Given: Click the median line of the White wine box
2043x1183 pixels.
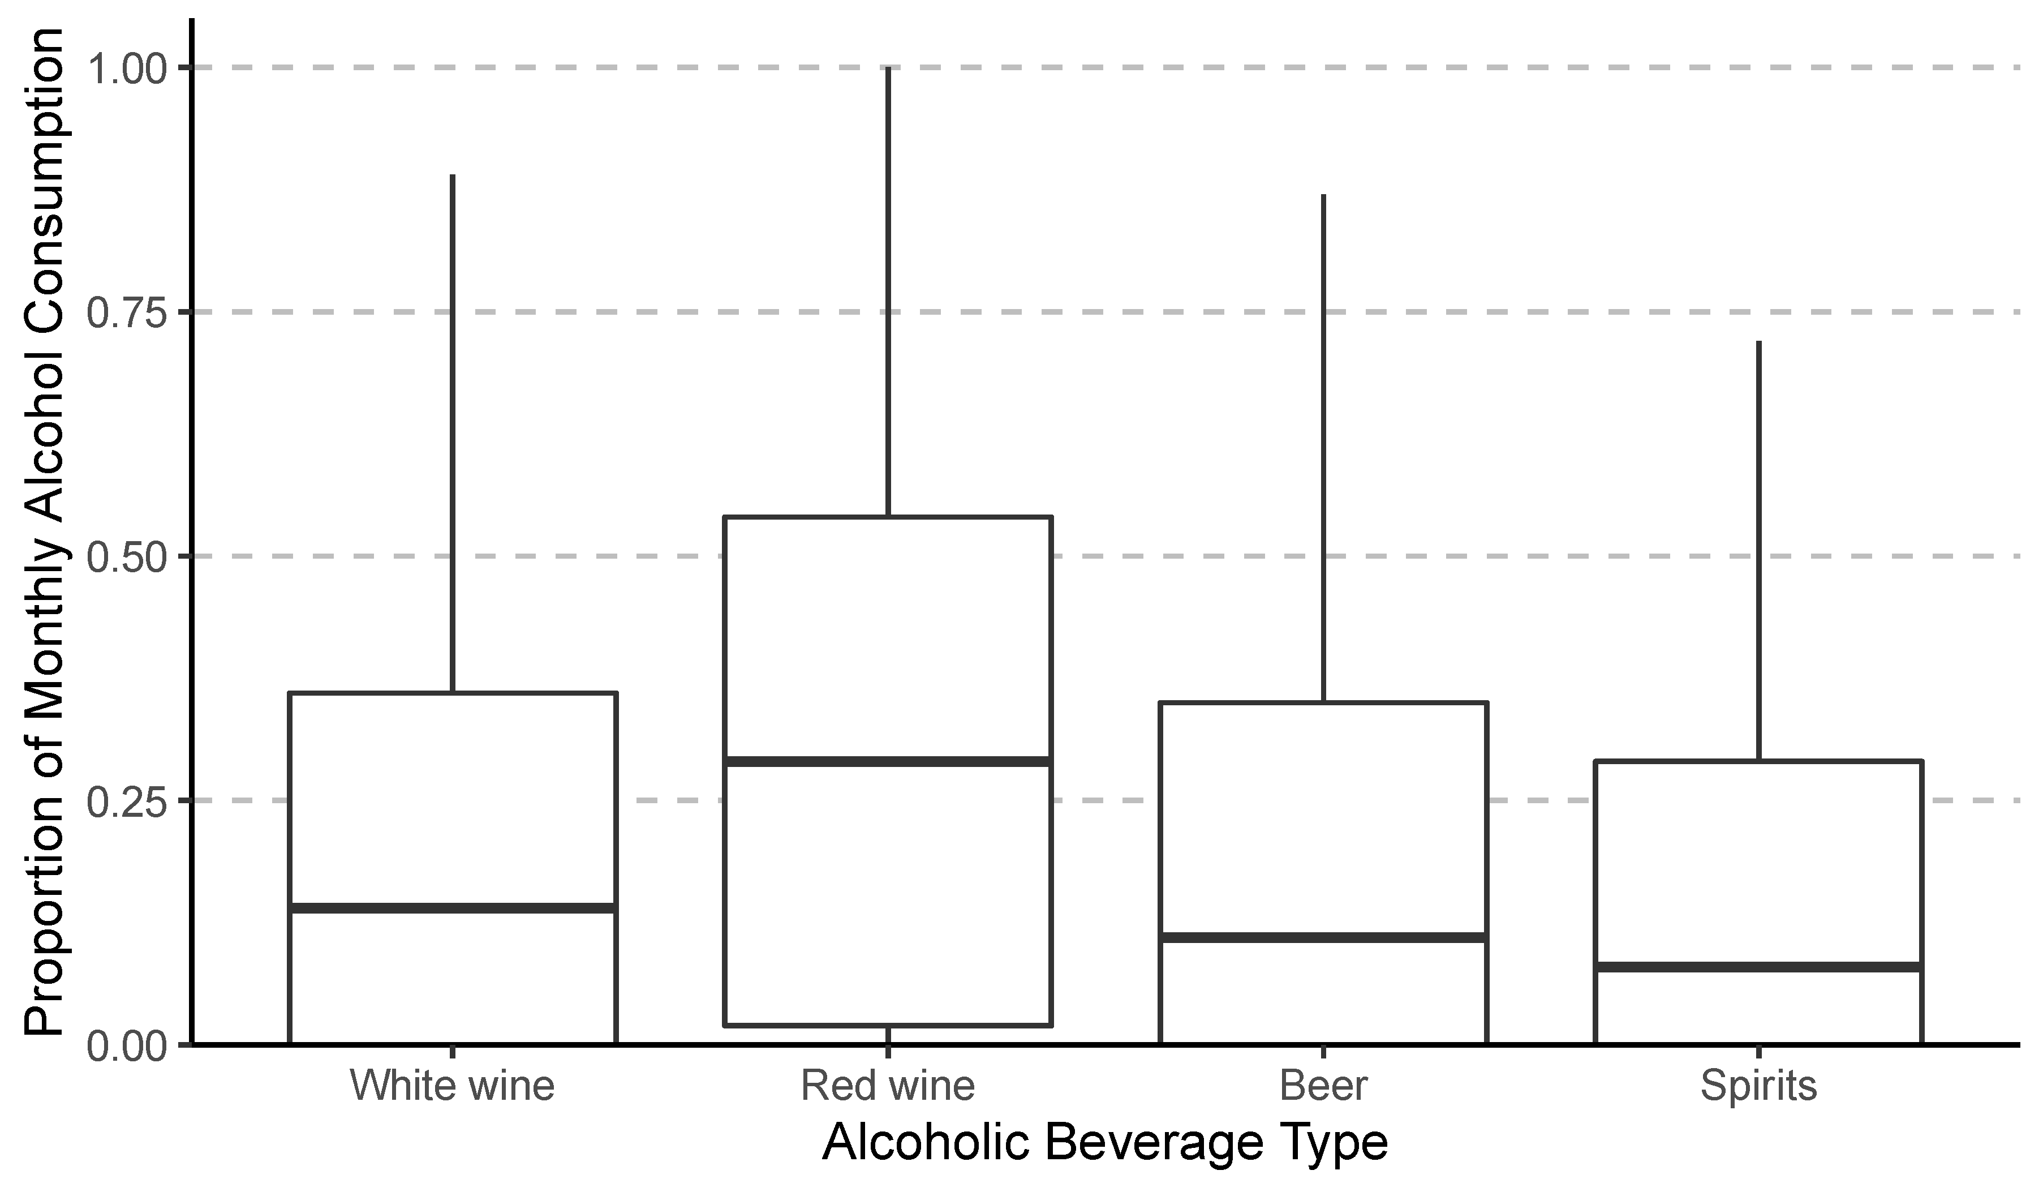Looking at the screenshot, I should (x=453, y=907).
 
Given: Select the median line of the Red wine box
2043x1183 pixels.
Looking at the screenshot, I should (x=888, y=761).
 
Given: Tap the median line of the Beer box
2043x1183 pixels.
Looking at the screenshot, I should (x=1323, y=937).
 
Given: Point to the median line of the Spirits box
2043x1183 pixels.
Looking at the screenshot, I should (x=1758, y=967).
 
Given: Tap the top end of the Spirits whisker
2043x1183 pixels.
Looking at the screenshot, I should (x=1758, y=342).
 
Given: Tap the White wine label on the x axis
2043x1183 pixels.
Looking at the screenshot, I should (x=453, y=1086).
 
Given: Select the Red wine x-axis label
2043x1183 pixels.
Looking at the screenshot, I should (x=888, y=1086).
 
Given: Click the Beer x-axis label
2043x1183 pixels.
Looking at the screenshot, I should (x=1323, y=1086).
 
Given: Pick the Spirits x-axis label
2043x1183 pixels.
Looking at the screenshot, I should (x=1758, y=1086).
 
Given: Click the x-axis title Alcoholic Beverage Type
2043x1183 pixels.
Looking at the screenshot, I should (x=1104, y=1143).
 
